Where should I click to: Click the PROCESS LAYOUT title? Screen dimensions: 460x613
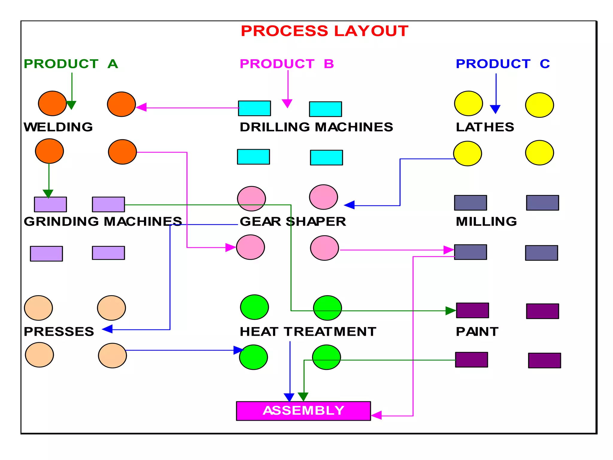point(324,31)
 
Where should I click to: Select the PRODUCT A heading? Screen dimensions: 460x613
point(71,64)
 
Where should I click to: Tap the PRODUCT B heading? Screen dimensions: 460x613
point(287,64)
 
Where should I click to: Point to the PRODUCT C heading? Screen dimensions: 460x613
point(503,64)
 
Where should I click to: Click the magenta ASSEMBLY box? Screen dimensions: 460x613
point(303,411)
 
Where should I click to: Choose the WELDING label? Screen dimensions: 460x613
point(58,127)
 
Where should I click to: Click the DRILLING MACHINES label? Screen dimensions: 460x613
point(316,127)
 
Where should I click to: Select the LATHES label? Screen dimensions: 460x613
point(485,127)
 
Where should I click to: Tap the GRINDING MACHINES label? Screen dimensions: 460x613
point(103,222)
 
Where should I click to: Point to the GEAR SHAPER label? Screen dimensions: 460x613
point(293,222)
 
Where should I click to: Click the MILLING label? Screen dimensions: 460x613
point(486,222)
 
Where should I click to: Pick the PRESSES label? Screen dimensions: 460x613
point(59,332)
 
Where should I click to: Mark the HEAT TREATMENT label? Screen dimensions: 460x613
point(308,332)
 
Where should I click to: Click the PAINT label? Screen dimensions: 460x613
point(477,332)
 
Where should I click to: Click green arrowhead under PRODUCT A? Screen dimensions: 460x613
point(71,105)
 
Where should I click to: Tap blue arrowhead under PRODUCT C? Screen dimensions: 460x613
point(495,109)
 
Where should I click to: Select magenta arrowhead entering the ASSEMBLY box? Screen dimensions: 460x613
point(377,415)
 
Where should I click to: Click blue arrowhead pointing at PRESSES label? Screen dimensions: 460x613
point(107,329)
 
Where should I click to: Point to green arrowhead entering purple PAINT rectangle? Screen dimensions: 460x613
point(450,311)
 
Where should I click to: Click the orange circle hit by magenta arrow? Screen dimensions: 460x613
point(122,104)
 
